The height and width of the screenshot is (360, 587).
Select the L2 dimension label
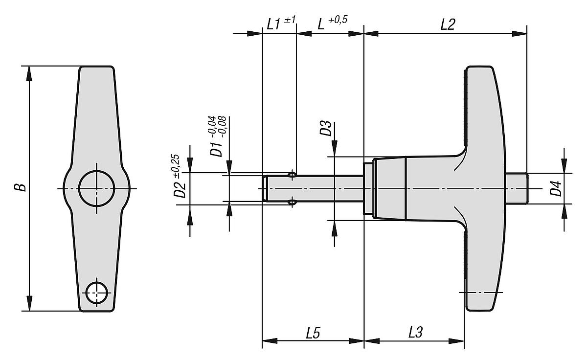click(x=447, y=25)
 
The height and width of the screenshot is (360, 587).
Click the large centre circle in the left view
click(x=97, y=188)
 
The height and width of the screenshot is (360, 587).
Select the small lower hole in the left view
click(x=96, y=293)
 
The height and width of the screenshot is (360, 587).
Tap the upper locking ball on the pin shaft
click(x=292, y=174)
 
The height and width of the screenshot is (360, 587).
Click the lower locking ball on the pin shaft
click(x=292, y=202)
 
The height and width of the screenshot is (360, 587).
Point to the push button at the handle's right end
click(x=517, y=188)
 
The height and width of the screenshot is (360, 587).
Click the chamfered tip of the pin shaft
click(x=265, y=188)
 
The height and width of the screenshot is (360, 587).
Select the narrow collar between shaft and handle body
click(x=368, y=188)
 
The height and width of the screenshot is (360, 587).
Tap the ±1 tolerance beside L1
click(x=290, y=20)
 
